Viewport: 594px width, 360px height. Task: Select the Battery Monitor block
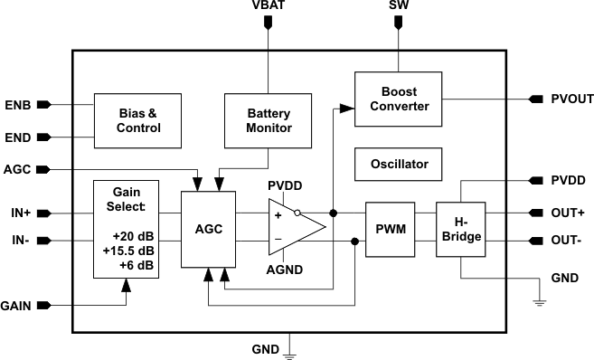click(269, 121)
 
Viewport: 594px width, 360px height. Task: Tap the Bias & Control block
click(138, 121)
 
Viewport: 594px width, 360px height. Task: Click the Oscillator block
click(399, 165)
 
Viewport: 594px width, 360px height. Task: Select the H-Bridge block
click(460, 229)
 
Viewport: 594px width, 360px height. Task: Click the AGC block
click(211, 229)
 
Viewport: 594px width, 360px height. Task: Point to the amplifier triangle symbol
click(293, 228)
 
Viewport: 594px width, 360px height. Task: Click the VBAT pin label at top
click(266, 6)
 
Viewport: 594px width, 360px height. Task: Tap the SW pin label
click(396, 6)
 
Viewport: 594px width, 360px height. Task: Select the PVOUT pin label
click(571, 99)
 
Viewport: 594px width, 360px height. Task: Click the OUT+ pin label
click(568, 213)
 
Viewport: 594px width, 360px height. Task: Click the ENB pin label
click(17, 105)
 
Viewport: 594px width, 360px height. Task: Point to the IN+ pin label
click(19, 213)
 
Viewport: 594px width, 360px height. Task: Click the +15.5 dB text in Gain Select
click(127, 250)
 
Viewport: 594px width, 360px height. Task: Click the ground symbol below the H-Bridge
click(540, 301)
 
